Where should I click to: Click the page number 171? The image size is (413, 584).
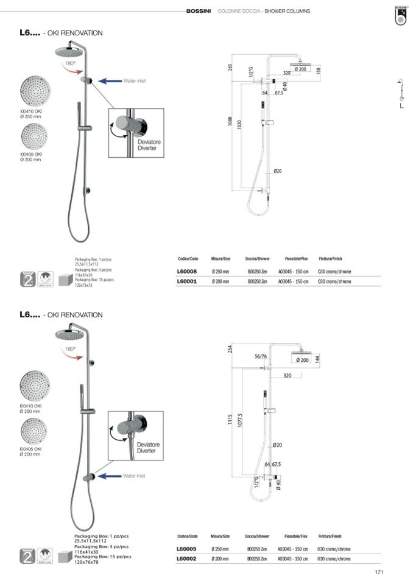(x=379, y=572)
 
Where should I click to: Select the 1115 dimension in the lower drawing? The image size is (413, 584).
(x=230, y=420)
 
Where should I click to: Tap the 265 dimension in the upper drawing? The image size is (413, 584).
(x=230, y=67)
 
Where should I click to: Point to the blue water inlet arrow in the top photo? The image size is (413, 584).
(x=110, y=80)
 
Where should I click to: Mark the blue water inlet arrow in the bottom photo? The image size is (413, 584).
(x=110, y=476)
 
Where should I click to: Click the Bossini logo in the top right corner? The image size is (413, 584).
(x=400, y=15)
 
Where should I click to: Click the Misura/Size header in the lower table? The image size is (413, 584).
(x=221, y=537)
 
